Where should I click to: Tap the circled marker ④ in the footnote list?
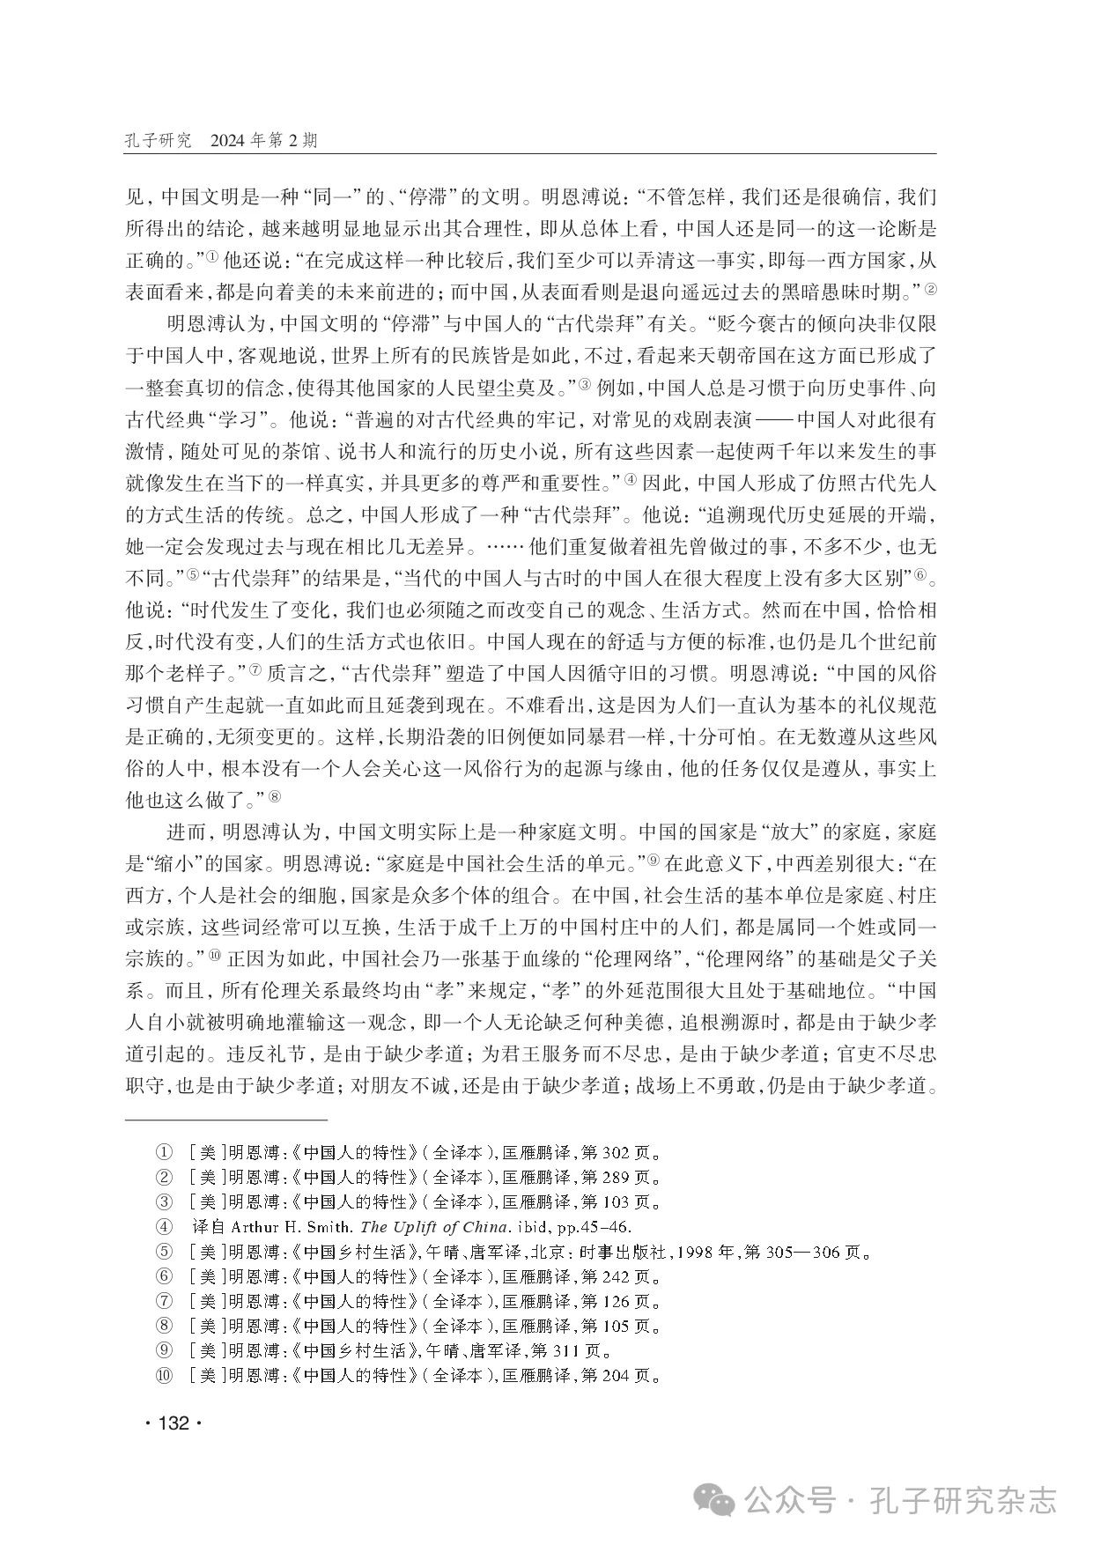click(x=163, y=1227)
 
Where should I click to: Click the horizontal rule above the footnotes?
click(x=226, y=1120)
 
